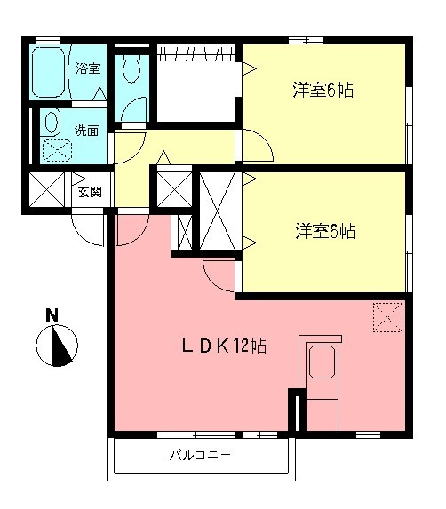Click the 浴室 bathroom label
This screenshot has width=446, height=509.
(x=87, y=68)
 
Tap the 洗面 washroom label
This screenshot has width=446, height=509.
(x=86, y=130)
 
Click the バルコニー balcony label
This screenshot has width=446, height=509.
(x=200, y=457)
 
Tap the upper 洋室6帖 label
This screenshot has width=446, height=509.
(x=325, y=90)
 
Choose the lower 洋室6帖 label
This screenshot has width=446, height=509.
(x=325, y=232)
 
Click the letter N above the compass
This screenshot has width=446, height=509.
(x=52, y=314)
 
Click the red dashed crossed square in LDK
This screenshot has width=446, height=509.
(x=388, y=315)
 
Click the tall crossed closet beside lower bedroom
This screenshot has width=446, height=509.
(x=217, y=211)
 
